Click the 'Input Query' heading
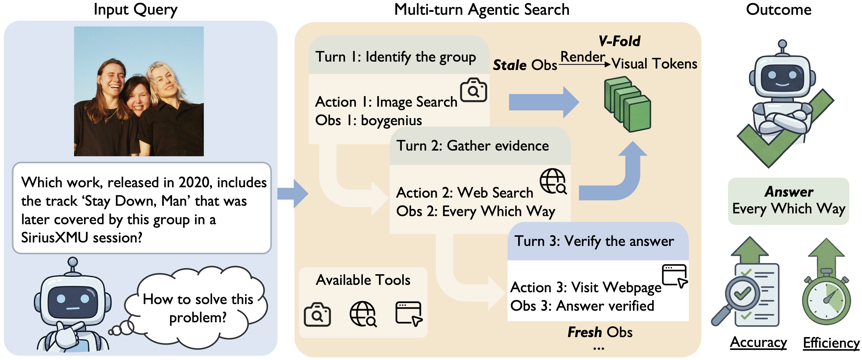pos(135,9)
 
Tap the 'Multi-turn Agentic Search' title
pos(482,9)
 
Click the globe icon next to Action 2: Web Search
pos(553,181)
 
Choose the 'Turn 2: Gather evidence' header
pos(473,146)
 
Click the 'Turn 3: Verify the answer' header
pos(594,241)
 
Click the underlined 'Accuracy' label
pos(758,342)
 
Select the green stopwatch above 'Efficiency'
pos(826,298)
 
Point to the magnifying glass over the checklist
pos(742,294)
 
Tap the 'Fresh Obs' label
pos(600,332)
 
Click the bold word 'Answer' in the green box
pos(789,192)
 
